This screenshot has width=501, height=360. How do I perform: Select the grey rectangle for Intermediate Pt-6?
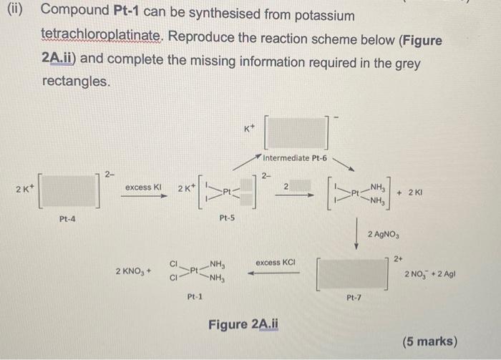pos(297,132)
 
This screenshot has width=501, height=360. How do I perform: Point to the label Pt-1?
pos(195,295)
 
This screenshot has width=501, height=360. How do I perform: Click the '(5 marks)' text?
pos(429,341)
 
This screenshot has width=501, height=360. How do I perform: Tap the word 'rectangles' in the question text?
pos(76,82)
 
